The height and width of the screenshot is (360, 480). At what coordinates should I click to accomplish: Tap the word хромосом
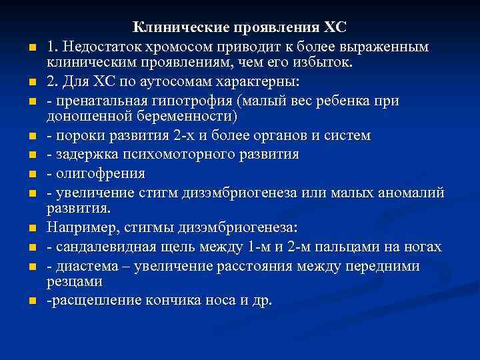(181, 47)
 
